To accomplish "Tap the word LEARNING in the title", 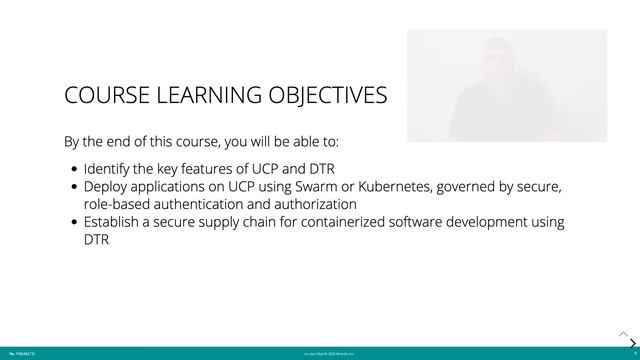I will (x=207, y=96).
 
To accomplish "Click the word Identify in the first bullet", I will (x=111, y=168).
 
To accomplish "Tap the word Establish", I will (x=117, y=222).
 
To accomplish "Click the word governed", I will (x=486, y=186).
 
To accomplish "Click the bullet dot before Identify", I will (x=74, y=169).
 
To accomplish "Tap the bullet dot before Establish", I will (x=74, y=223).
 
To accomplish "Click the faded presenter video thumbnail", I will (x=506, y=85).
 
